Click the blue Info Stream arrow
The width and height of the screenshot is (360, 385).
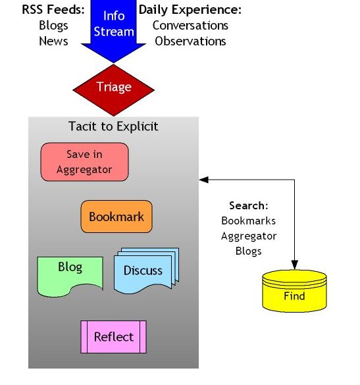point(113,27)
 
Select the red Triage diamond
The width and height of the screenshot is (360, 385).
point(113,90)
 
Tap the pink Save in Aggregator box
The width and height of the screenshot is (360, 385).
point(84,162)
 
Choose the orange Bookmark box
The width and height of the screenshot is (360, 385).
point(116,217)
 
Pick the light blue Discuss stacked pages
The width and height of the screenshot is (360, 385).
point(146,270)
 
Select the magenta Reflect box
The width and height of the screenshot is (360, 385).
point(113,337)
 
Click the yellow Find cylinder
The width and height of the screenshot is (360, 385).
point(294,291)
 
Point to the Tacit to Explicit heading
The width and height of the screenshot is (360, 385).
point(113,126)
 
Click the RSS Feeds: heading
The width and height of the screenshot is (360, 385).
point(53,10)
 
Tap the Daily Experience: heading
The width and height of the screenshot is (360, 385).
point(190,10)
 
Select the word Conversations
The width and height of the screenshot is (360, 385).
point(190,26)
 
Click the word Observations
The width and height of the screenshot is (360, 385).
point(190,41)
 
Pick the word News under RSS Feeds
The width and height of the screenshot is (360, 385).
point(53,41)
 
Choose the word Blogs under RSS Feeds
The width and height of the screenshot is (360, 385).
point(53,26)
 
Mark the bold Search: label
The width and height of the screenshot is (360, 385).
point(249,205)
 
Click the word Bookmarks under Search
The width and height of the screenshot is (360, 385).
point(249,220)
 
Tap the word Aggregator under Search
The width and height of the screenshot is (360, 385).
point(249,236)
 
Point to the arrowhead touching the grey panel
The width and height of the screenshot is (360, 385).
point(204,180)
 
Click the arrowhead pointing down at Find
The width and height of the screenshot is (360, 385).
point(294,265)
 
